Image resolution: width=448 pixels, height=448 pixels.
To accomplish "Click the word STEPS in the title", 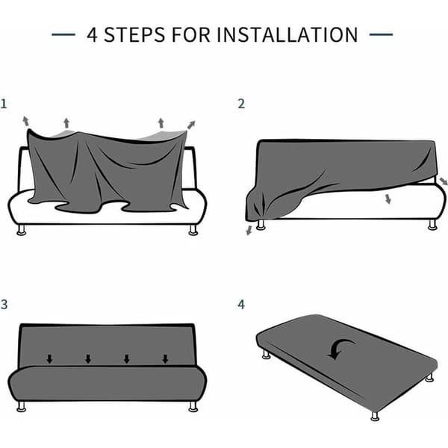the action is (134, 35).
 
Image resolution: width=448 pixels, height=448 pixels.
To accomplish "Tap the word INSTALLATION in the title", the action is (287, 35).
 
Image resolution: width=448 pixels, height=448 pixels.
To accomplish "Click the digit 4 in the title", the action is (92, 35).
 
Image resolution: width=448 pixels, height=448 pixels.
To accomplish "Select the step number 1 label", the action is (4, 104).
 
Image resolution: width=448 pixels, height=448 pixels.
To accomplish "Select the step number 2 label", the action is (241, 104).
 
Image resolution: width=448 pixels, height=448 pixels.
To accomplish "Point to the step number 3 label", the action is (4, 305).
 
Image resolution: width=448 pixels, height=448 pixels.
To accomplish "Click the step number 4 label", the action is (241, 305).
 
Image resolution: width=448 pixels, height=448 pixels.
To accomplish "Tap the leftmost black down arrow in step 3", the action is (50, 359).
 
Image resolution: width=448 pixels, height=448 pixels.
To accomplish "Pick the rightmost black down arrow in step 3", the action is (165, 359).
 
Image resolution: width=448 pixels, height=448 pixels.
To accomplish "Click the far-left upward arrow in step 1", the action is (26, 121).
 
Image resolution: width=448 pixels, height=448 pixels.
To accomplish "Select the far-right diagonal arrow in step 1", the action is (191, 125).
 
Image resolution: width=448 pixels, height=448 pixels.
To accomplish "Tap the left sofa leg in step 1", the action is (22, 230).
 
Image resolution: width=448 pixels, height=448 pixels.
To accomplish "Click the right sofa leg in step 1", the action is (193, 230).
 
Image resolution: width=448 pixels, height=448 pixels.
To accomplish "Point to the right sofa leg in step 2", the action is (432, 224).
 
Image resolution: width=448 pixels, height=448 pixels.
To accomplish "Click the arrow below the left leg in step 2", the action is (249, 230).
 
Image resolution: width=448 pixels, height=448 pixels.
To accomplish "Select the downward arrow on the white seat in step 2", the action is (388, 199).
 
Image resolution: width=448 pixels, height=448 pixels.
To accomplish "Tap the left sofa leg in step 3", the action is (22, 406).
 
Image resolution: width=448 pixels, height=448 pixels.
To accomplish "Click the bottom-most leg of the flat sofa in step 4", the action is (375, 416).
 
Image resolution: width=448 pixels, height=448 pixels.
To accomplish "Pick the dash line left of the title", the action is (63, 34).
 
